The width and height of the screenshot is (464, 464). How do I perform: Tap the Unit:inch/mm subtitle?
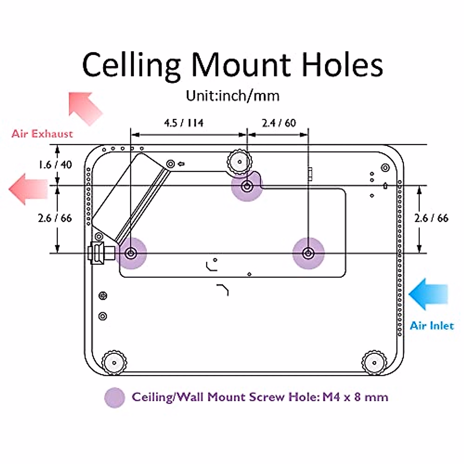point(232,95)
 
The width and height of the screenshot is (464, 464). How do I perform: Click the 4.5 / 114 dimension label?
point(184,123)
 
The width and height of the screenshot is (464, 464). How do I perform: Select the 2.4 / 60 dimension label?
point(279,123)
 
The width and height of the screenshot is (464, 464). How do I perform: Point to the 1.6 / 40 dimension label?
point(55,165)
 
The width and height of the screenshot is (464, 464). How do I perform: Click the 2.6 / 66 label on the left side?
point(55,218)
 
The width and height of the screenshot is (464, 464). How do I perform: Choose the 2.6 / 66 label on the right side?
point(431,218)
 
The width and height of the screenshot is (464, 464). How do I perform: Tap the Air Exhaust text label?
point(42,134)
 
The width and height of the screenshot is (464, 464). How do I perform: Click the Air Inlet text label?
point(432,326)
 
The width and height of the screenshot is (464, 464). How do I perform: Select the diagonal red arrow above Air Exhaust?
point(85,108)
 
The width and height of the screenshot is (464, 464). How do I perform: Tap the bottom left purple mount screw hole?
point(131,253)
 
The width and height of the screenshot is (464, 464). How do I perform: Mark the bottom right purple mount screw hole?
point(308,253)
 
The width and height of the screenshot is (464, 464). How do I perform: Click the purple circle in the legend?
point(115,397)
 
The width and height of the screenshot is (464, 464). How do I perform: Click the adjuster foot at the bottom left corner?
point(114,362)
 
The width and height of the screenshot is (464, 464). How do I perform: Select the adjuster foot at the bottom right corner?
point(374,362)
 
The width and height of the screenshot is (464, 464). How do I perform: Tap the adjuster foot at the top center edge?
point(239,162)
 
